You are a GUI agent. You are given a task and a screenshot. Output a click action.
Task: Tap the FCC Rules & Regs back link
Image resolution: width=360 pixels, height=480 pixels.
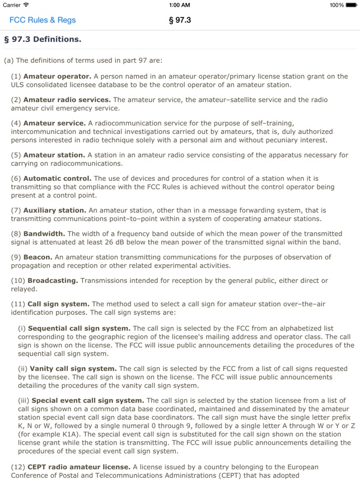click(x=43, y=20)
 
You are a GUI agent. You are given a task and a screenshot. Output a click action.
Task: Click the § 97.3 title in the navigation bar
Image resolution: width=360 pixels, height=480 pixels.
click(x=180, y=20)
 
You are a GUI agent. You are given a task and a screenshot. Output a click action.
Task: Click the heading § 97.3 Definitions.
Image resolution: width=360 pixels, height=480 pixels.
click(x=43, y=39)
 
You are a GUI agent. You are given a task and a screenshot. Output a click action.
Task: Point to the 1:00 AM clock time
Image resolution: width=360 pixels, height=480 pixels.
click(x=180, y=5)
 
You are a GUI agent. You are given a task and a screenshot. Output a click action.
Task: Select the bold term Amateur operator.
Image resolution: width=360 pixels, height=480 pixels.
click(x=57, y=76)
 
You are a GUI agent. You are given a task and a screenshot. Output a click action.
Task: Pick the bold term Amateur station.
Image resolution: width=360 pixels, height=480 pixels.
click(x=54, y=155)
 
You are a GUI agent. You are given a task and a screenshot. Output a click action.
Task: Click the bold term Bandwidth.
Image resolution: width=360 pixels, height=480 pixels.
click(x=44, y=234)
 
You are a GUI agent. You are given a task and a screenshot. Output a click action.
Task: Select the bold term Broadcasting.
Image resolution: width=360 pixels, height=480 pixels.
click(x=53, y=280)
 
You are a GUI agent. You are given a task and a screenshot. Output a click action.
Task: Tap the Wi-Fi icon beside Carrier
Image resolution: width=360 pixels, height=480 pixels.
click(x=26, y=5)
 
